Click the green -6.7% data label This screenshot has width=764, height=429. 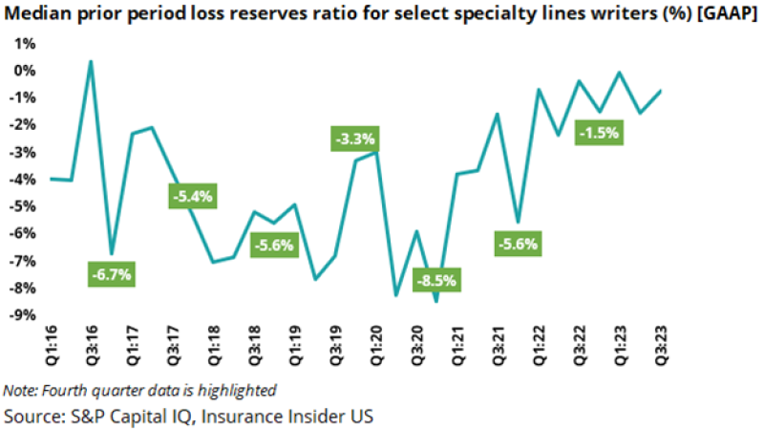(112, 273)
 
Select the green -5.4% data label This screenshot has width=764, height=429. (194, 197)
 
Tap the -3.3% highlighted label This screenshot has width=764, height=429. (355, 139)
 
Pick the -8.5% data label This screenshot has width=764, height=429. (437, 281)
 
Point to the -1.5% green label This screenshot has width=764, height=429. (600, 133)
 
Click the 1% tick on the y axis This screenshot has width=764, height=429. (24, 44)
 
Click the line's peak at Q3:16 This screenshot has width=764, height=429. (91, 61)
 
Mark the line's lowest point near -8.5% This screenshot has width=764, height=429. (436, 301)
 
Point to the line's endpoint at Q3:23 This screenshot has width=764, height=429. (660, 91)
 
